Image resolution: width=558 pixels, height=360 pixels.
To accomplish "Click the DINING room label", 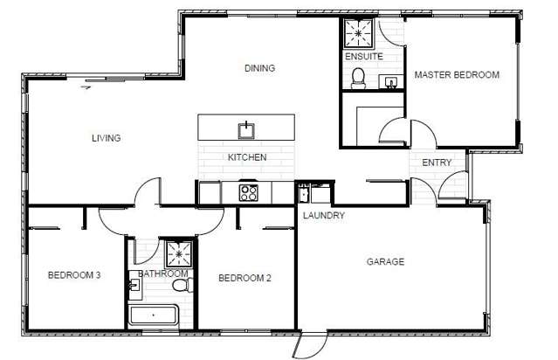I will [259, 68].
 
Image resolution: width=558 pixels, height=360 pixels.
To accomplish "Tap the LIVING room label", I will [106, 138].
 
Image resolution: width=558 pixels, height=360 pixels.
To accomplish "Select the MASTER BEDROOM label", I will [457, 75].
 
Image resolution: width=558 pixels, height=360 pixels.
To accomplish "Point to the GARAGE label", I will [384, 261].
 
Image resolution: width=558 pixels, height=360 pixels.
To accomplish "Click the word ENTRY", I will [437, 163].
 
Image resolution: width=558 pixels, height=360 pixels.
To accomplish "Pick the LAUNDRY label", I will [324, 215].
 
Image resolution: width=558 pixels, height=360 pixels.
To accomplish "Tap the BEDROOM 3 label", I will [74, 275].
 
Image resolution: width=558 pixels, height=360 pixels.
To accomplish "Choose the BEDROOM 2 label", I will [245, 279].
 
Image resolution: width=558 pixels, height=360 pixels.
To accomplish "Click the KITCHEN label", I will [247, 158].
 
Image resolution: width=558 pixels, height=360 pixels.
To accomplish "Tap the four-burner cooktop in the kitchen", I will [249, 191].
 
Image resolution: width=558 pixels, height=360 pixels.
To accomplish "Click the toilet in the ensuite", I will [356, 80].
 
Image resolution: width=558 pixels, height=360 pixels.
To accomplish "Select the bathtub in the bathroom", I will [153, 315].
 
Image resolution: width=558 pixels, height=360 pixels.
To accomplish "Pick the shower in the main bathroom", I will [180, 254].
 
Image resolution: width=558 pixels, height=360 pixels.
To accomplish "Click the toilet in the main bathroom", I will [181, 286].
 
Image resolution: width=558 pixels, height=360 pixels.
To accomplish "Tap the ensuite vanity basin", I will [390, 82].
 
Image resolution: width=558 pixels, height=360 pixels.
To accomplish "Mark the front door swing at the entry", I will [453, 186].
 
